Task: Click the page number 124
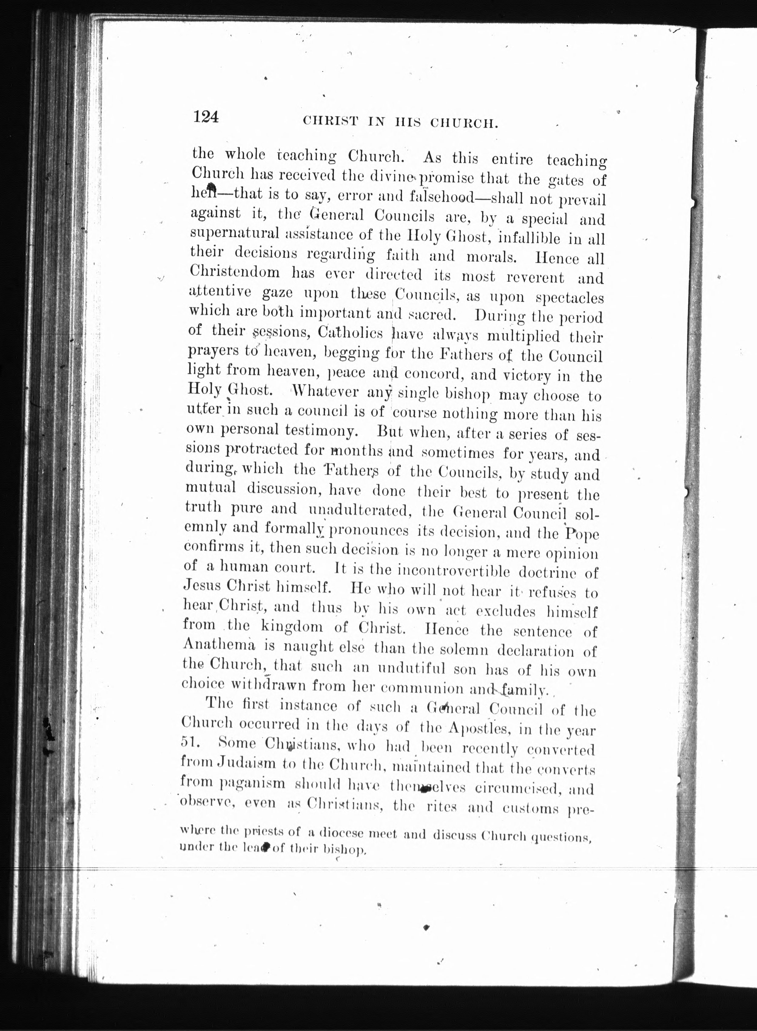[207, 117]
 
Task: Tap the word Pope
[581, 534]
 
